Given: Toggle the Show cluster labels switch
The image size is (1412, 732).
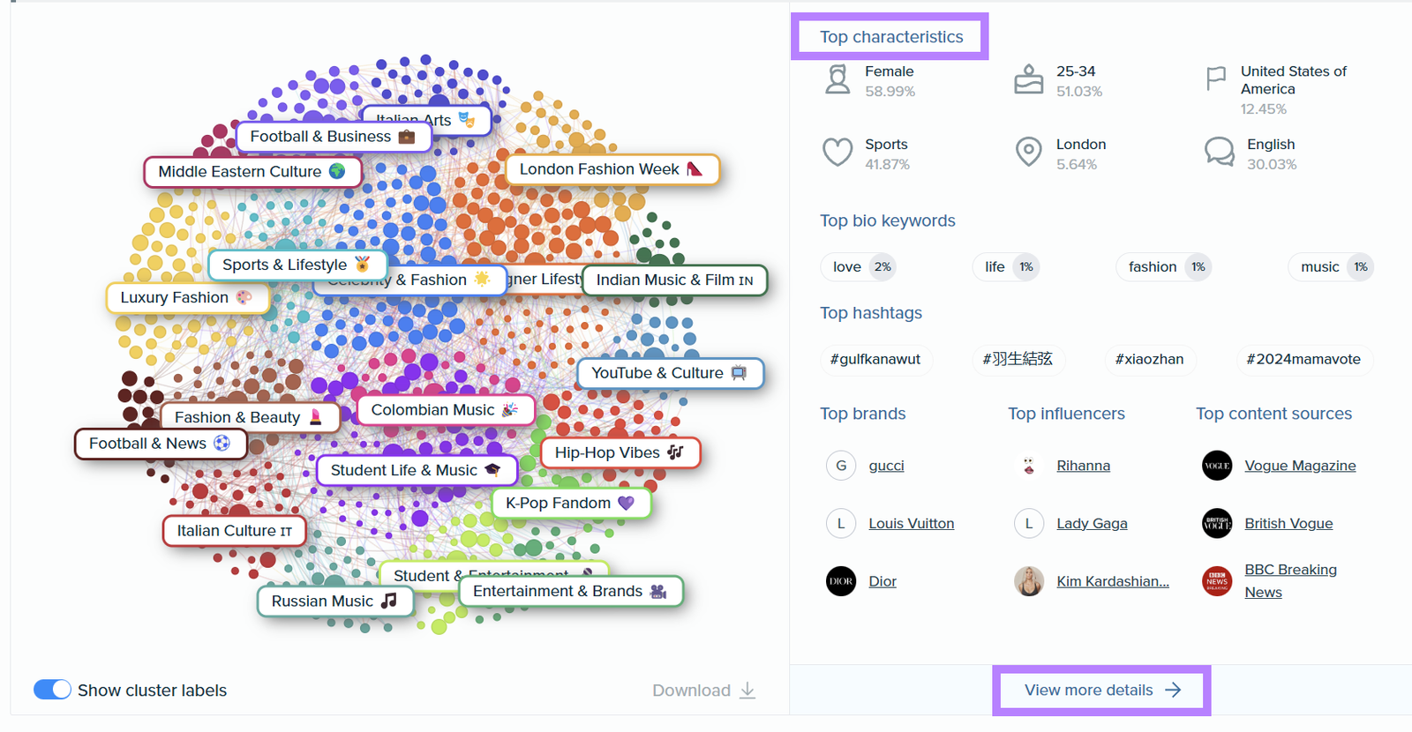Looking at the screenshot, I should click(x=52, y=690).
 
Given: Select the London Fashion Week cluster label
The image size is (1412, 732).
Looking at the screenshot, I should click(x=612, y=169).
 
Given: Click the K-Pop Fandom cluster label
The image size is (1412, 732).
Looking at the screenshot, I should click(x=569, y=504).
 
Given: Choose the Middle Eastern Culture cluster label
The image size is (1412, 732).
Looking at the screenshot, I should click(x=252, y=172).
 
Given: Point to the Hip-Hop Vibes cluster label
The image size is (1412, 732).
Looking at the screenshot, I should click(x=619, y=453).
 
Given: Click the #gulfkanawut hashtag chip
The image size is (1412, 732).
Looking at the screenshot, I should click(x=875, y=360).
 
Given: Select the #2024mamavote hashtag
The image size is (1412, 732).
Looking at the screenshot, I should click(x=1303, y=360).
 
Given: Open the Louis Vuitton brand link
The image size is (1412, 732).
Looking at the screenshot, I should click(x=911, y=524).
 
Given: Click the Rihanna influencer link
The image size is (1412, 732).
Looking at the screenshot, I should click(x=1083, y=466).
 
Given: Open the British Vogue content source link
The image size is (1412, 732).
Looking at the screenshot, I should click(x=1288, y=524).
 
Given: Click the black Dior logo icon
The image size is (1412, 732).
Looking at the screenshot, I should click(x=840, y=581).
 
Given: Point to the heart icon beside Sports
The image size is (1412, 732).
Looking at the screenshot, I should click(x=837, y=153).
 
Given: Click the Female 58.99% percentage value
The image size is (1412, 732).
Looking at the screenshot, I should click(x=890, y=92).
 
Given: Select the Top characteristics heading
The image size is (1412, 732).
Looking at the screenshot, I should click(x=890, y=37).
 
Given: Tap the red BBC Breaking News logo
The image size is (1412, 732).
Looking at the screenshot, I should click(x=1217, y=581).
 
